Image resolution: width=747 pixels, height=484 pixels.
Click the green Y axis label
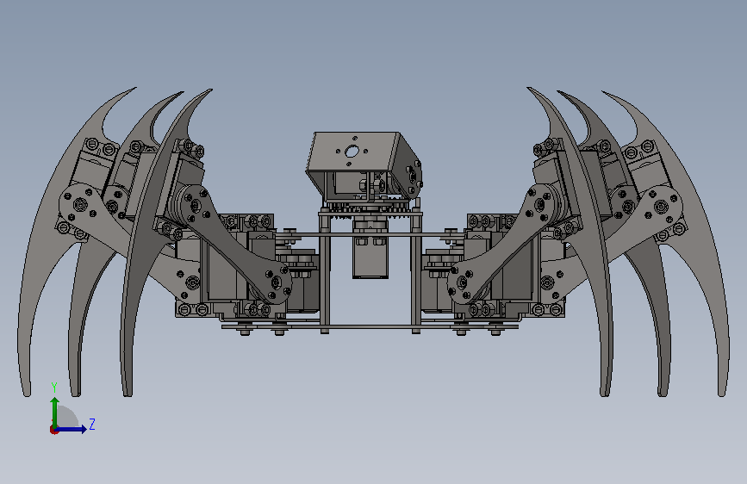(54, 388)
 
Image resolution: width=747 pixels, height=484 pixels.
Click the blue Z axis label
(92, 424)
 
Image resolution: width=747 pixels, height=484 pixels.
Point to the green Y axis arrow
(55, 413)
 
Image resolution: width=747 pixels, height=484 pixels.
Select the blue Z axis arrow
(71, 429)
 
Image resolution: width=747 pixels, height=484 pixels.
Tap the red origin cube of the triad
(53, 430)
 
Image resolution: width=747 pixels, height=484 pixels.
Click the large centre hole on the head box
(352, 152)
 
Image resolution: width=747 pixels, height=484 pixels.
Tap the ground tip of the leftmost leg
(27, 394)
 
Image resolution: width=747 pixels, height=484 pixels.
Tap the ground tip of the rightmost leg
(722, 394)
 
